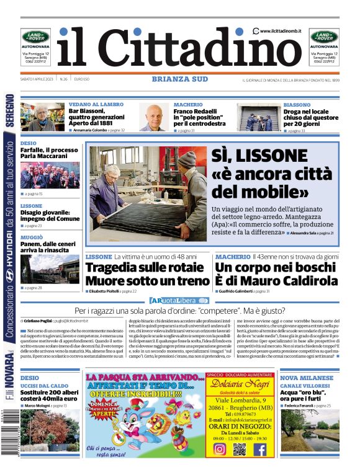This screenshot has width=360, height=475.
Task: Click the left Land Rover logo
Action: (36, 37)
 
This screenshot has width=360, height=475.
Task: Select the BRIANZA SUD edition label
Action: (179, 79)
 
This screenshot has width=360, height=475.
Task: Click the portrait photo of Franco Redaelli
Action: (152, 117)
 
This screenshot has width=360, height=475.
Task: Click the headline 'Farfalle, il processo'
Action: (49, 150)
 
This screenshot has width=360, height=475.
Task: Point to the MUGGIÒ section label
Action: (32, 238)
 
